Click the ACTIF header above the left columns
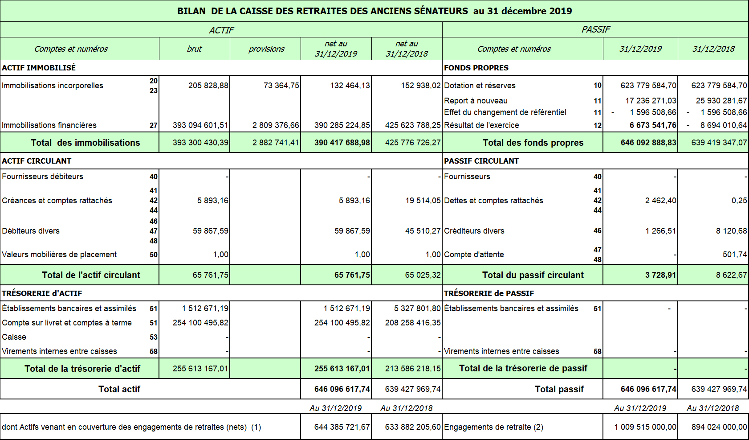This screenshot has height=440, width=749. (x=221, y=30)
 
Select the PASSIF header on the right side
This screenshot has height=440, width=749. (x=595, y=29)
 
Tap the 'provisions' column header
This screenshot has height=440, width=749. (x=266, y=49)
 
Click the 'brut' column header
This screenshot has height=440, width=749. (x=194, y=49)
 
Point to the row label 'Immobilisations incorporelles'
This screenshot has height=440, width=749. (x=53, y=86)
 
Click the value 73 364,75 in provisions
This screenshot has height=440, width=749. (x=281, y=86)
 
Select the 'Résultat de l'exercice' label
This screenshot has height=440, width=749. (x=481, y=125)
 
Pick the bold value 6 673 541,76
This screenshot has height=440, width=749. (x=653, y=125)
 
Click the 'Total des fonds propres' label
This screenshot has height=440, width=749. (x=533, y=143)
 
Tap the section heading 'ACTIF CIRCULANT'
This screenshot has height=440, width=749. (x=37, y=161)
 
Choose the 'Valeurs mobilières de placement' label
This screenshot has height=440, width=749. (x=59, y=255)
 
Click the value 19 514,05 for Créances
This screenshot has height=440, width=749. (x=423, y=201)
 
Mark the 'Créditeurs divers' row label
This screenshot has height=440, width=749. (x=474, y=231)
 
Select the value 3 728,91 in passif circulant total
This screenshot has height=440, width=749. (x=660, y=275)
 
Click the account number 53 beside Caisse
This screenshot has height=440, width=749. (x=154, y=337)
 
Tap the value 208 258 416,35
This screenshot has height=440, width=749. (x=413, y=323)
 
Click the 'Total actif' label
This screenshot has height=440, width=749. (x=119, y=389)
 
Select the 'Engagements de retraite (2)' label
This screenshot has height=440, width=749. (x=493, y=427)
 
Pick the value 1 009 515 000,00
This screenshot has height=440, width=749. (x=645, y=427)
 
